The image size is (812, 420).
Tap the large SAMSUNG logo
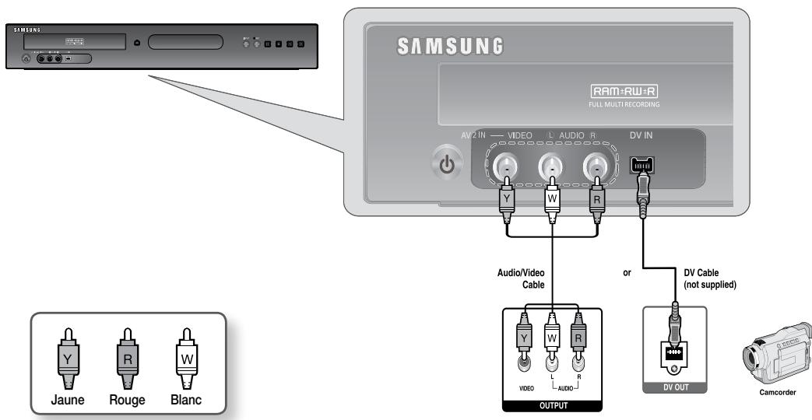[x=451, y=46]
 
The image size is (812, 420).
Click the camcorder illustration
[x=775, y=359]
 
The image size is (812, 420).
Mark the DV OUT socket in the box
[x=673, y=353]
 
